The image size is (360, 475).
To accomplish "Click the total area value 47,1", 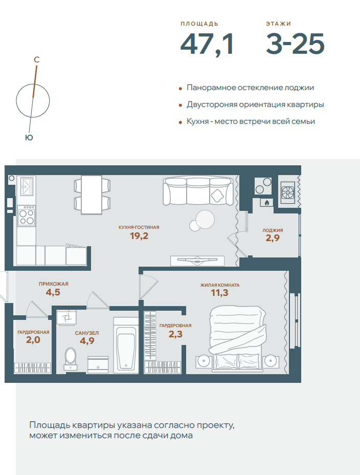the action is pyautogui.click(x=207, y=45).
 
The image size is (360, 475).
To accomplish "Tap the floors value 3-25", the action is pyautogui.click(x=295, y=44).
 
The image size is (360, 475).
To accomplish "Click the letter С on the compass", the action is pyautogui.click(x=37, y=60).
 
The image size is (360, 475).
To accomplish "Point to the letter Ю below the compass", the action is pyautogui.click(x=29, y=138).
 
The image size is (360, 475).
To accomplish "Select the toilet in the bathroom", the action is pyautogui.click(x=71, y=359).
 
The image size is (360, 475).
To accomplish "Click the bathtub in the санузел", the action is pyautogui.click(x=126, y=345).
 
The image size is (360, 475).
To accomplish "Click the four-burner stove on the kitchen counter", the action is pyautogui.click(x=26, y=215).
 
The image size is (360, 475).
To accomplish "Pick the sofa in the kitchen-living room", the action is pyautogui.click(x=198, y=191).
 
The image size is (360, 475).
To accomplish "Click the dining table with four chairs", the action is pyautogui.click(x=92, y=195).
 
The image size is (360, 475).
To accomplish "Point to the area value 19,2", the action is pyautogui.click(x=139, y=235).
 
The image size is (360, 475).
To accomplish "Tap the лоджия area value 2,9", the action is pyautogui.click(x=273, y=238).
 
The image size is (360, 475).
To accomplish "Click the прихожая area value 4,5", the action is pyautogui.click(x=53, y=292).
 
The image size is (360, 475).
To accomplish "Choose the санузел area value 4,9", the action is pyautogui.click(x=87, y=341).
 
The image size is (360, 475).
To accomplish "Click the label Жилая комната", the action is pyautogui.click(x=219, y=285).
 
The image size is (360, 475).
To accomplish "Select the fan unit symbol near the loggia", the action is pyautogui.click(x=288, y=192).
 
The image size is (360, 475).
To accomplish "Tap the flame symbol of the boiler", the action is pyautogui.click(x=266, y=203).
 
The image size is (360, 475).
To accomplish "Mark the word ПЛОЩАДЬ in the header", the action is pyautogui.click(x=199, y=24).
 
